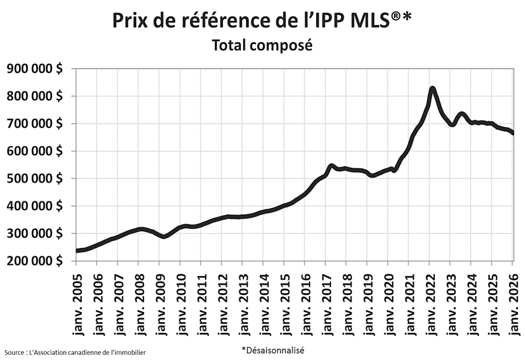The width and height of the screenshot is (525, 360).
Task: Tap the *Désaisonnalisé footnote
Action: point(272,350)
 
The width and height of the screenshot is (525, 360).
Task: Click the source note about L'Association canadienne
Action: point(75,352)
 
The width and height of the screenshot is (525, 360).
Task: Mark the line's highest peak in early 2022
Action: point(432,89)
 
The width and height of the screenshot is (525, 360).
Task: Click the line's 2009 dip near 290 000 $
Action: point(164,236)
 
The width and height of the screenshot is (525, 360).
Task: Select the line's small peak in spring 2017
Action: point(332,166)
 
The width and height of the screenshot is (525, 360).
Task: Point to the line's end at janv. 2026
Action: point(513,133)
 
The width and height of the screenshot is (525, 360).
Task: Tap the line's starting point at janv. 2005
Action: point(77,251)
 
